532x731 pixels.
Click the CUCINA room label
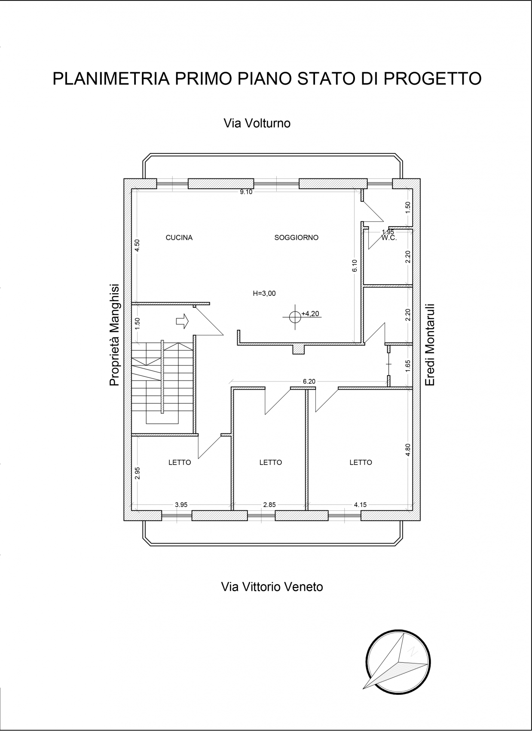click(179, 237)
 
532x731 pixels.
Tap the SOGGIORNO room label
click(296, 237)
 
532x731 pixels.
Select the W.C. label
click(389, 238)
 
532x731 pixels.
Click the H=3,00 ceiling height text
click(264, 293)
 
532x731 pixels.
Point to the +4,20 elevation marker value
click(310, 313)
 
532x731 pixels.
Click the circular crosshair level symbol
click(295, 317)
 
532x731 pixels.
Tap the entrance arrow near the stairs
click(182, 321)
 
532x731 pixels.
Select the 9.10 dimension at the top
click(246, 192)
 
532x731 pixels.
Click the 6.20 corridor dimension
click(309, 381)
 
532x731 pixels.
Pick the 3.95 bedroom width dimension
click(181, 504)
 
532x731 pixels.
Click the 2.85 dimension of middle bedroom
click(269, 504)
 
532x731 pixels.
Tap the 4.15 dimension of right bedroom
click(360, 504)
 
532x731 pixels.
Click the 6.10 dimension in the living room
click(355, 265)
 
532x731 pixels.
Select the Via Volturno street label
click(257, 123)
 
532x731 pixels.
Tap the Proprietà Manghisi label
click(115, 335)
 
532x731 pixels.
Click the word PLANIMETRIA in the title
click(111, 78)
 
